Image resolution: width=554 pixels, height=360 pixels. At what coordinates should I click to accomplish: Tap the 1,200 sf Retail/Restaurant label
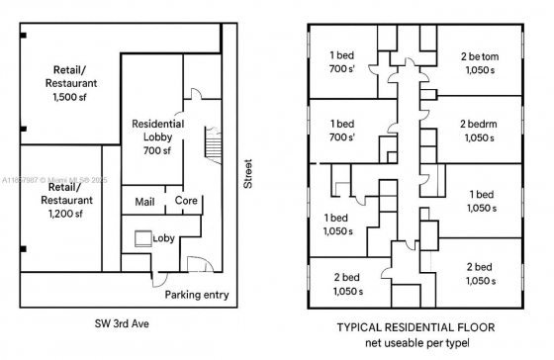(x=65, y=200)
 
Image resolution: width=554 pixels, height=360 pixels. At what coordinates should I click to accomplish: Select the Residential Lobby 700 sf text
(x=158, y=136)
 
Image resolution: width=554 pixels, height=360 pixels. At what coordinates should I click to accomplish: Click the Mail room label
(x=144, y=201)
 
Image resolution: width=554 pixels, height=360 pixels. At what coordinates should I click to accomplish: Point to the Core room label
(x=186, y=201)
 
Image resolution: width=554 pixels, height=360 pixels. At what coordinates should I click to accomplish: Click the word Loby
(x=163, y=238)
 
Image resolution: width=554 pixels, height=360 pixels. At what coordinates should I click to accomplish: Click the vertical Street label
(x=247, y=173)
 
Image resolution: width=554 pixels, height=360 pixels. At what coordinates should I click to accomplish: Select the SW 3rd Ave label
(x=122, y=324)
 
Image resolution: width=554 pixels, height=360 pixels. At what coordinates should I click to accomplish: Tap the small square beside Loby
(x=143, y=238)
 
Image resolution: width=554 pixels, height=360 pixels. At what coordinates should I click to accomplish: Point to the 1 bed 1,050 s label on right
(x=482, y=201)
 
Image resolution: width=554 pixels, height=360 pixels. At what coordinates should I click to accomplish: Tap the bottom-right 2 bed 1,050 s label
(x=480, y=274)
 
